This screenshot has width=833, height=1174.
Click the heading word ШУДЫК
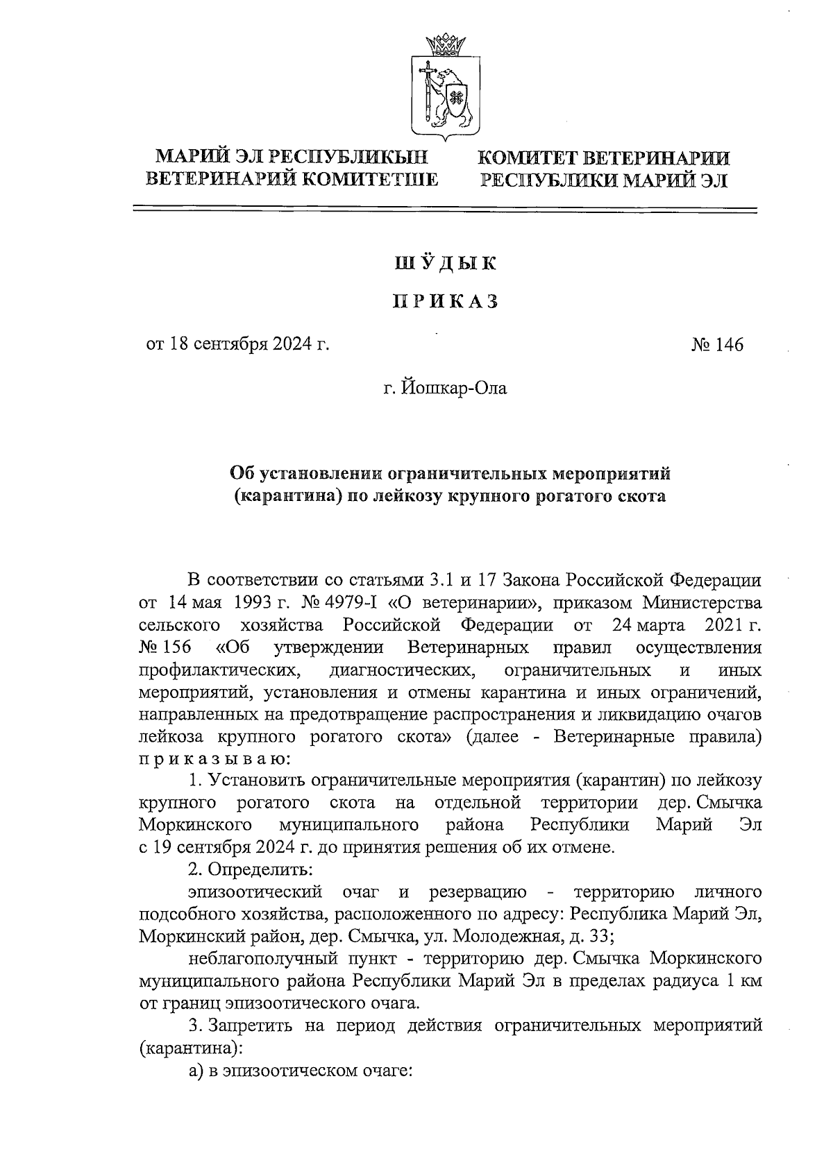pos(446,264)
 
